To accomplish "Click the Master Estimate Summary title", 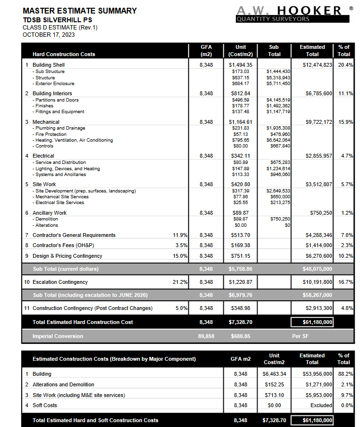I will pyautogui.click(x=80, y=11).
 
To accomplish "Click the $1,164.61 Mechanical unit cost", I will pyautogui.click(x=240, y=122).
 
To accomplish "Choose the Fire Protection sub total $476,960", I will pyautogui.click(x=280, y=134).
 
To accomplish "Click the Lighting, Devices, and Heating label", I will pyautogui.click(x=68, y=169).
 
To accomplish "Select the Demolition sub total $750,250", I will pyautogui.click(x=280, y=219).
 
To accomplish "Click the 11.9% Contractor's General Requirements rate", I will pyautogui.click(x=180, y=235).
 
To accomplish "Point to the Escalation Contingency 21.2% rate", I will pyautogui.click(x=180, y=282).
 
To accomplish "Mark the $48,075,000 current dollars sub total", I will pyautogui.click(x=313, y=269).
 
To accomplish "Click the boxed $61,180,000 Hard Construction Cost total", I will pyautogui.click(x=312, y=322).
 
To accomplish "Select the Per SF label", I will pyautogui.click(x=300, y=336).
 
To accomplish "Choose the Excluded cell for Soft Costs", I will pyautogui.click(x=321, y=405).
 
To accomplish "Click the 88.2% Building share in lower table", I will pyautogui.click(x=346, y=374).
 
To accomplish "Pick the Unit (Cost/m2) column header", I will pyautogui.click(x=240, y=51).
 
